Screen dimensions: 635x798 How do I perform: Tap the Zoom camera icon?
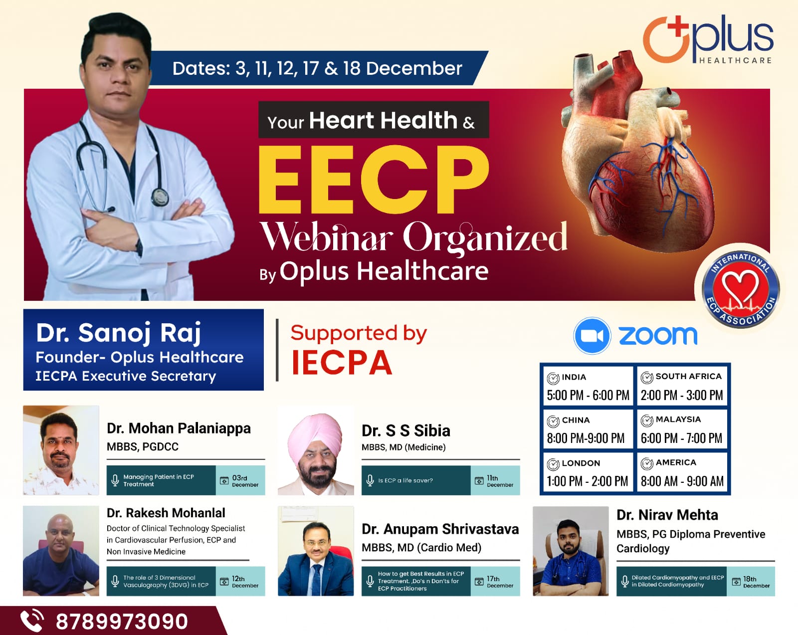click(592, 336)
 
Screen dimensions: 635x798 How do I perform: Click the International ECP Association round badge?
click(741, 289)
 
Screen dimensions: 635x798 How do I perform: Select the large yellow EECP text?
click(373, 181)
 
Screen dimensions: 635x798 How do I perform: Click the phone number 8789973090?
click(122, 622)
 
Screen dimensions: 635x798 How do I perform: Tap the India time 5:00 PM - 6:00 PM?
click(588, 395)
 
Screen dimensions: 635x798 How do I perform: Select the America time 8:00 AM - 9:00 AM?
click(682, 481)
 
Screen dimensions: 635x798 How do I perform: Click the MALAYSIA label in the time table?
click(678, 419)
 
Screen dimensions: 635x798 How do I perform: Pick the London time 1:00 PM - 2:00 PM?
click(587, 481)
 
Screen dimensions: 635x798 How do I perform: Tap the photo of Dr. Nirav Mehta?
click(571, 551)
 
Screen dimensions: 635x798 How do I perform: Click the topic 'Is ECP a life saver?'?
click(405, 480)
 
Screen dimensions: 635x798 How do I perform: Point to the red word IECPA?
click(342, 363)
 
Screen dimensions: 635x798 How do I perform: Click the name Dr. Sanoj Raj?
click(119, 333)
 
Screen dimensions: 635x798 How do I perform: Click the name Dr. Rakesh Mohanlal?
click(166, 513)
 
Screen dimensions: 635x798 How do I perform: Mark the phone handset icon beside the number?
click(32, 621)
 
